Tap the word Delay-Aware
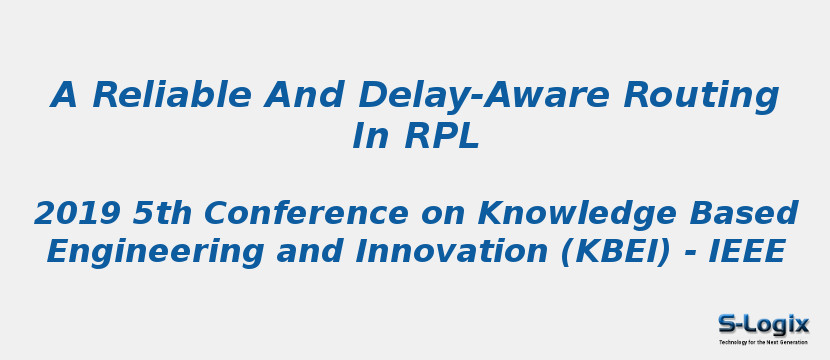[484, 96]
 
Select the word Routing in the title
[701, 96]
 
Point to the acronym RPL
[442, 137]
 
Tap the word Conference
[295, 214]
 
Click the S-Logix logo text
[763, 324]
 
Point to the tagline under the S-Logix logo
[763, 342]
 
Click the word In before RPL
[370, 137]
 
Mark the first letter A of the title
[64, 96]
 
